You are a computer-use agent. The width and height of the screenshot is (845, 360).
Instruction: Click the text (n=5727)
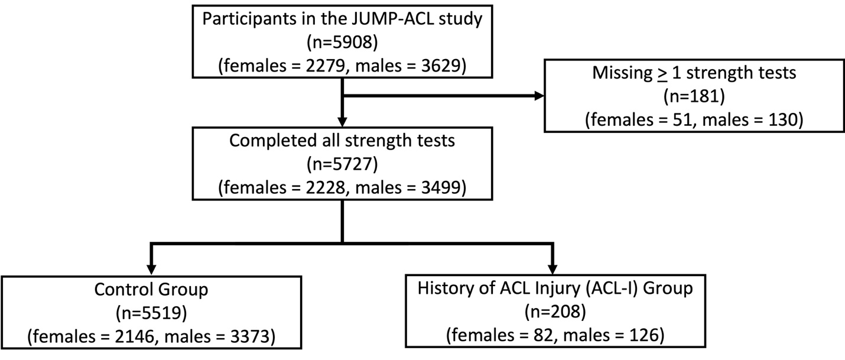pyautogui.click(x=343, y=164)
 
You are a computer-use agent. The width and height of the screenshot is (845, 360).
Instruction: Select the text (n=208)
pyautogui.click(x=553, y=314)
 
